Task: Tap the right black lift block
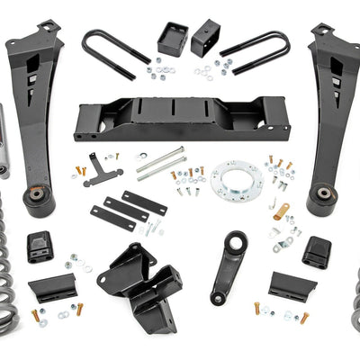coord(203,37)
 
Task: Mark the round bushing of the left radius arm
coord(37,196)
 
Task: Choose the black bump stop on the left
coord(39,247)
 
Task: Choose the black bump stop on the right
coord(316,251)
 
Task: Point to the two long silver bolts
coord(161,161)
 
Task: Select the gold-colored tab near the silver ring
coord(282,212)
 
